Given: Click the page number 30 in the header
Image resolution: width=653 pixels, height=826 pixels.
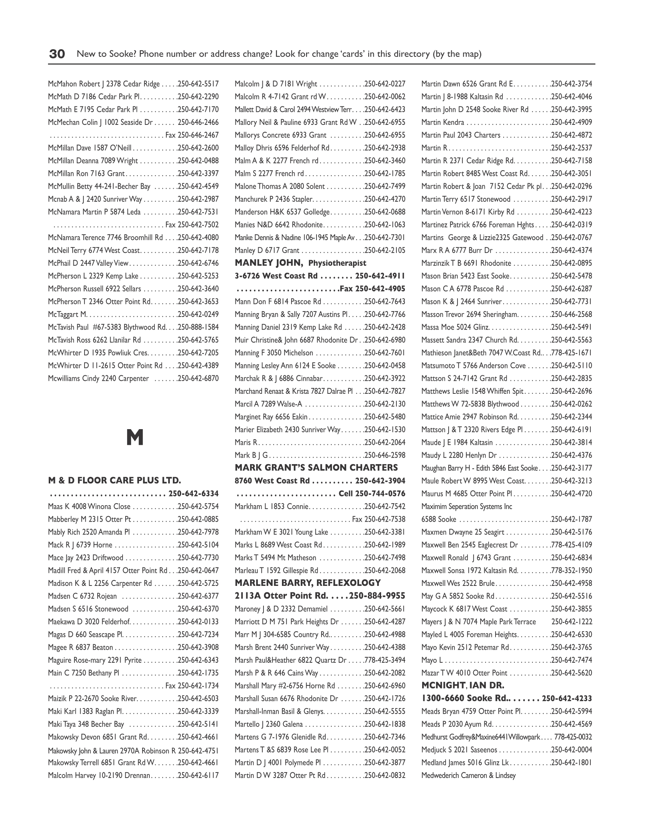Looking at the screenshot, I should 57,54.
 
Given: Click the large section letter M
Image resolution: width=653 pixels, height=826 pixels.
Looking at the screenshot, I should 135,438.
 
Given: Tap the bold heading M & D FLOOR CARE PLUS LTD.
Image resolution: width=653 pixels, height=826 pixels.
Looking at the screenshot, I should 114,480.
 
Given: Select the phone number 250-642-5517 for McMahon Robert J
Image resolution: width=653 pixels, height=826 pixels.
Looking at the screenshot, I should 198,84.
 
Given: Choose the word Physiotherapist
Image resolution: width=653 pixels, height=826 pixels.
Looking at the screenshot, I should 337,264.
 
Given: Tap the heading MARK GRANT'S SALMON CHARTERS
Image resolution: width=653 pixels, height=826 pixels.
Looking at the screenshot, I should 316,468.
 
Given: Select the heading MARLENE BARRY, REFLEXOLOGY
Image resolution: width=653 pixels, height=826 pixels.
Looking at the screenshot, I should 308,583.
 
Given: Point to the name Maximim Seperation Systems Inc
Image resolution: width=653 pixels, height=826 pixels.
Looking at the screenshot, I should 467,506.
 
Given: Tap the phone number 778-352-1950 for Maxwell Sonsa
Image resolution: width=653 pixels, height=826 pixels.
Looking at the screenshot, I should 572,570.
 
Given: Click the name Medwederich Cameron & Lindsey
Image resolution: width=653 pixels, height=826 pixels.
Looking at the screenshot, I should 468,775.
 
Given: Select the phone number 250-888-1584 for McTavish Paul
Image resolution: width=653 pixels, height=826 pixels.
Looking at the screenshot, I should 198,327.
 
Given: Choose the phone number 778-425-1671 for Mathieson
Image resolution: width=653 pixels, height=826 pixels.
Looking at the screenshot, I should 572,353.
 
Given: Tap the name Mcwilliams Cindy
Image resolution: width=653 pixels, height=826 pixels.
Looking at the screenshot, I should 74,378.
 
